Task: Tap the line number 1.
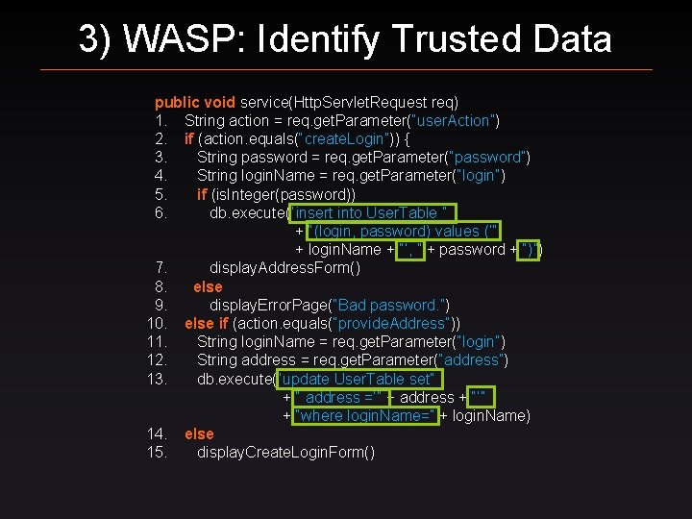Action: point(161,120)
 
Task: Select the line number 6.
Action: point(161,212)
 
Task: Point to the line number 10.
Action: point(158,323)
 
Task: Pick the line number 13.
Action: point(158,379)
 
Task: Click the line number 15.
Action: point(158,452)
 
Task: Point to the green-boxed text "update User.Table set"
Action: point(358,379)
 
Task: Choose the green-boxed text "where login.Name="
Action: point(367,415)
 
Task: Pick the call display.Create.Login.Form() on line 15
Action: point(285,452)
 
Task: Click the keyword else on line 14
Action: point(199,433)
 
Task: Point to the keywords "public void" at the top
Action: point(195,101)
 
